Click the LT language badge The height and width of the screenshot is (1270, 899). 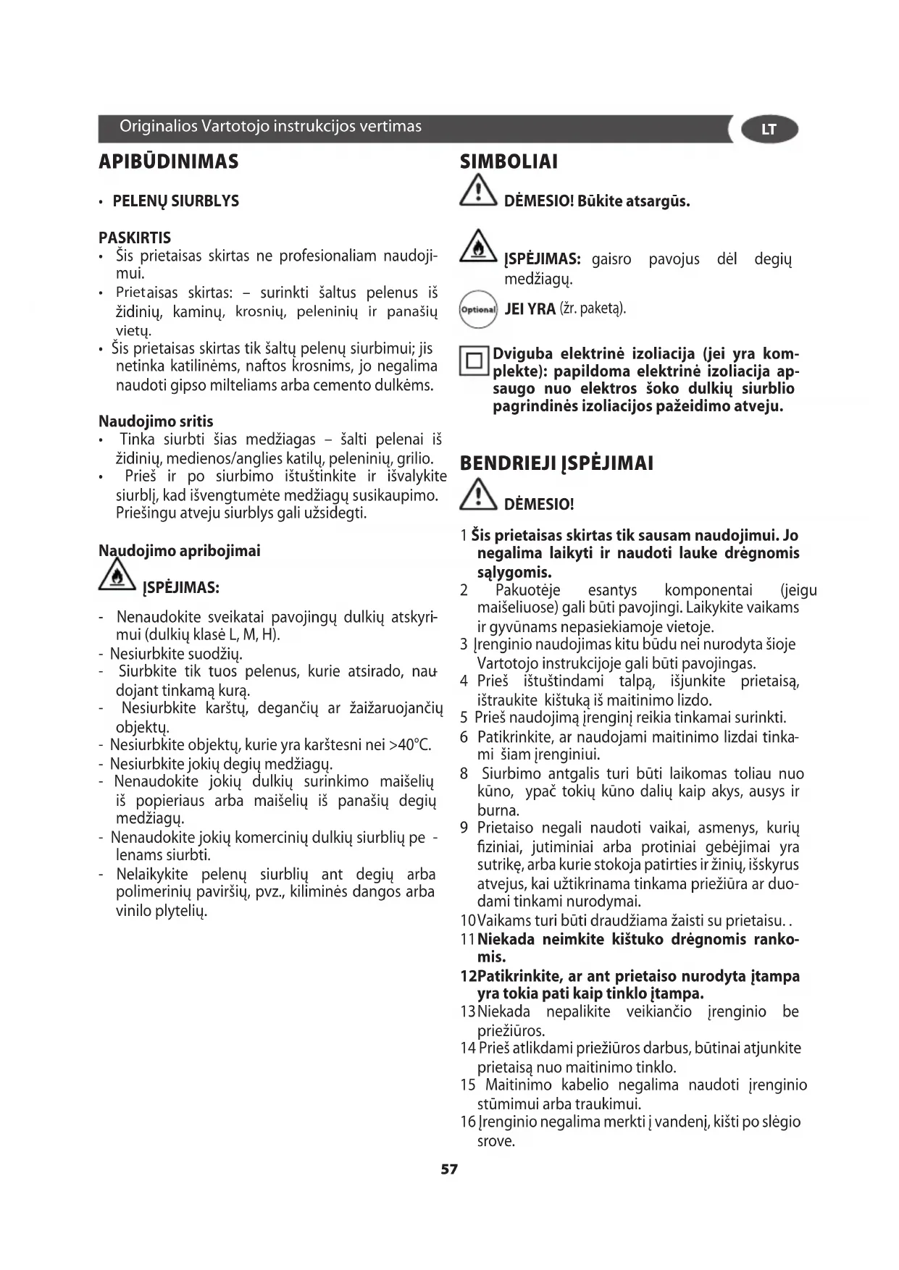coord(769,130)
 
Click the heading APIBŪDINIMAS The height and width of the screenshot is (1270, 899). coord(168,161)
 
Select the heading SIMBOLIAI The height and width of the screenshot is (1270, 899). coord(509,162)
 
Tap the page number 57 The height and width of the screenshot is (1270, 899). coord(449,1169)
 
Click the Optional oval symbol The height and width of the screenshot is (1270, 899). coord(478,310)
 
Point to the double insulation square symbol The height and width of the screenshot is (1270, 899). coord(475,361)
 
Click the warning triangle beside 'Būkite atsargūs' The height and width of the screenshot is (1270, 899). coord(477,194)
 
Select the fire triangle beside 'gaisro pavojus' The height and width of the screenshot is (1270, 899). coord(477,247)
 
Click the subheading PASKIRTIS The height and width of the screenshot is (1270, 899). coord(135,237)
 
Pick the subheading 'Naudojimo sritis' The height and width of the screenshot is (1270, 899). coord(156,421)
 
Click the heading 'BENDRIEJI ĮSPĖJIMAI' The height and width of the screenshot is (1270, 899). coord(556,463)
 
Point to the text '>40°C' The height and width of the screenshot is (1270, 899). coord(410,745)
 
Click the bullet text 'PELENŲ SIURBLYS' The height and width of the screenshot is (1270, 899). coord(175,201)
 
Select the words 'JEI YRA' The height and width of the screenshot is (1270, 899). coord(530,309)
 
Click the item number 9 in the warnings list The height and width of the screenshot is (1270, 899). coord(464,828)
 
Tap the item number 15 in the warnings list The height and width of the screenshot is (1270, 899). coord(468,1085)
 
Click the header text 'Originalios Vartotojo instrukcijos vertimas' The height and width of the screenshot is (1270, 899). coord(270,127)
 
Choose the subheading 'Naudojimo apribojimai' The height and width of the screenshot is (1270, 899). coord(179,550)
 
